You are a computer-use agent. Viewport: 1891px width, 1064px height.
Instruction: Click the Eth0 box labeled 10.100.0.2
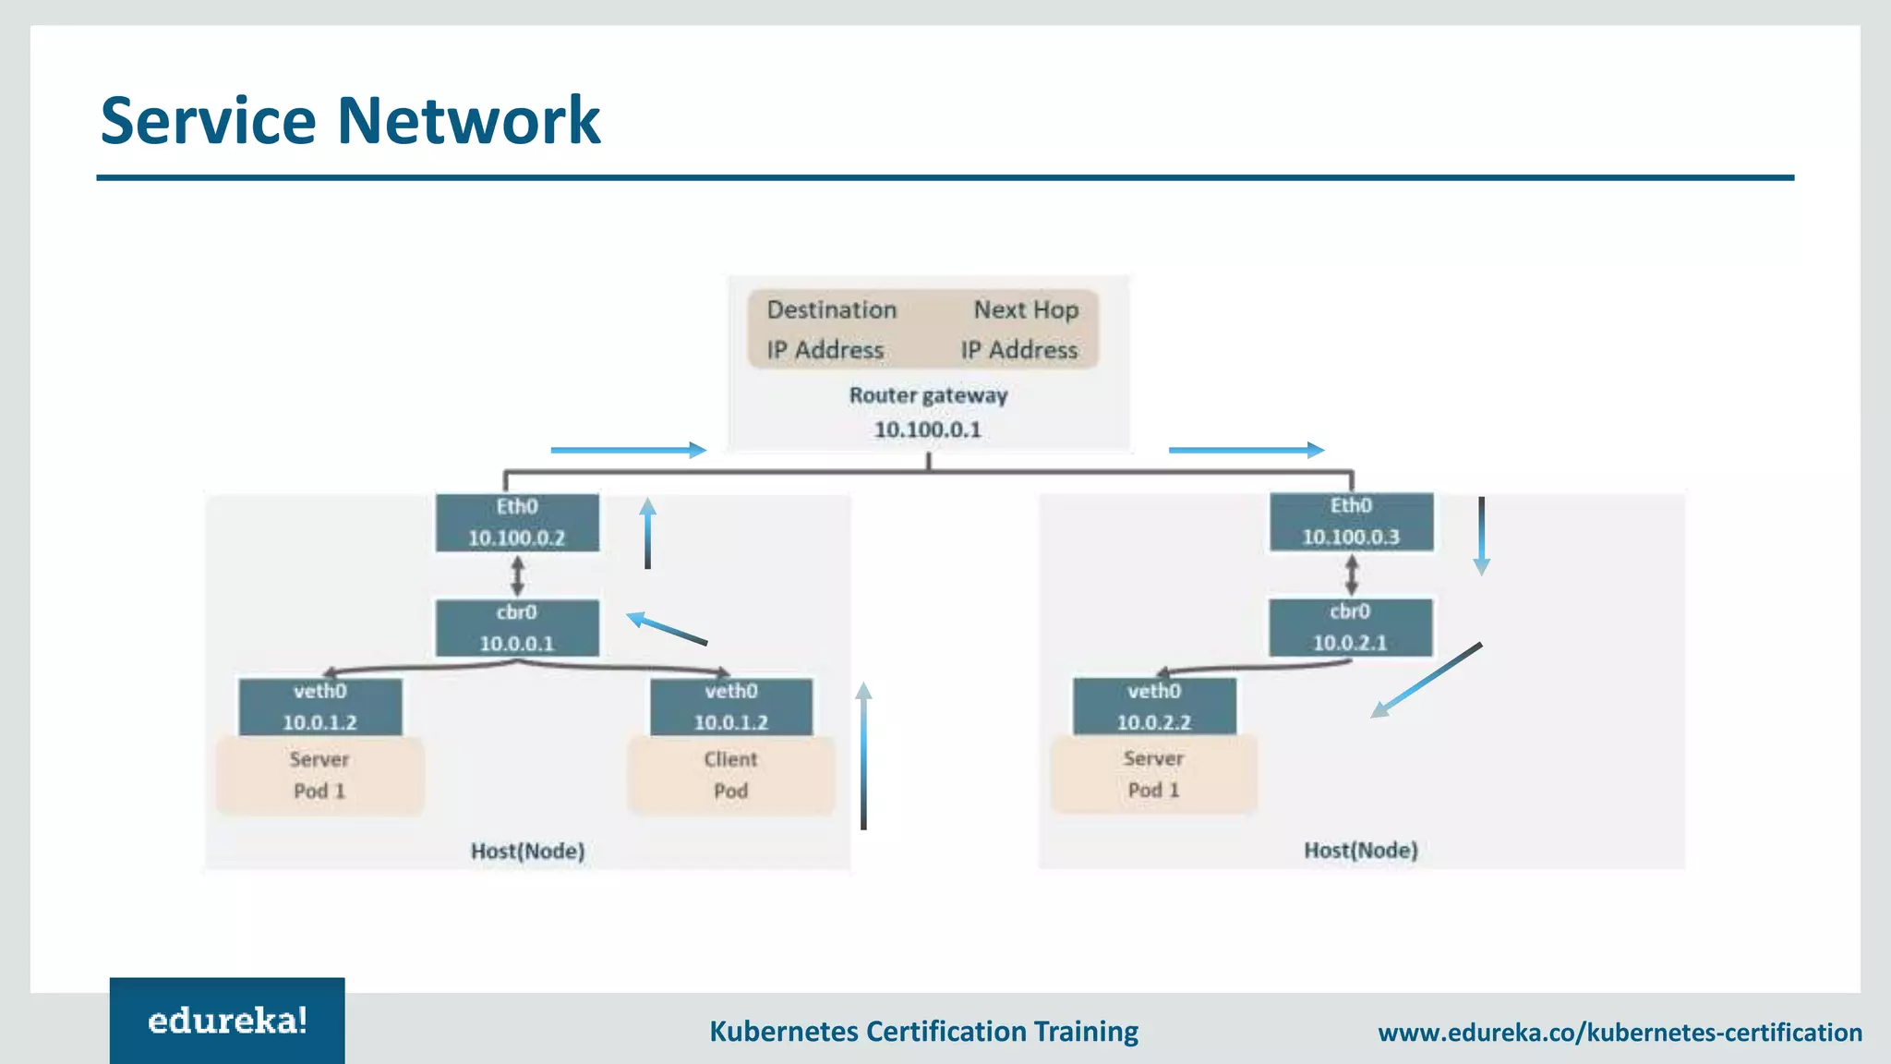pos(517,523)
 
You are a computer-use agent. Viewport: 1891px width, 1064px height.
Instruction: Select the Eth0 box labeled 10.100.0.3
pos(1351,522)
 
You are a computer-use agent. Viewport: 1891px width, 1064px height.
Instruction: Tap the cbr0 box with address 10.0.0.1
pos(517,628)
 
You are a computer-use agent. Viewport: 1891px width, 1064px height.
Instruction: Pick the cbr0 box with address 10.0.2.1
pos(1350,627)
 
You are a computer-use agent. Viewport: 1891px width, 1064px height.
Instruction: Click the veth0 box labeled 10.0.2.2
pos(1153,707)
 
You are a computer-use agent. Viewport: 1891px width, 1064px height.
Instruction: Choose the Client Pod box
pos(730,775)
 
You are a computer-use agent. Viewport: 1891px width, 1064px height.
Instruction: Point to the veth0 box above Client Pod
pos(730,707)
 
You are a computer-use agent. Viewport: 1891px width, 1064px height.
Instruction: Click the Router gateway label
pos(928,395)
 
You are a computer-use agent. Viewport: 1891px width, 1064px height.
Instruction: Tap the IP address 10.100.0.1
pos(927,429)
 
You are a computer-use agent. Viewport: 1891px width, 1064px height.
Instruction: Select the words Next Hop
pos(1026,309)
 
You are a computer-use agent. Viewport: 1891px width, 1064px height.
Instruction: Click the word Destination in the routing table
pos(831,309)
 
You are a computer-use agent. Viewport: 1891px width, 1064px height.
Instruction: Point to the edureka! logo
pos(227,1021)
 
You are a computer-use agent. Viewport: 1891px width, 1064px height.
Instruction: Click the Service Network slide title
pos(350,120)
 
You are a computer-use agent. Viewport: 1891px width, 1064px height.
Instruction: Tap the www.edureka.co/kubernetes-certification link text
pos(1620,1032)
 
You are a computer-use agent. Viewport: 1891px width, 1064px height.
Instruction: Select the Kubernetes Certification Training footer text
pos(923,1031)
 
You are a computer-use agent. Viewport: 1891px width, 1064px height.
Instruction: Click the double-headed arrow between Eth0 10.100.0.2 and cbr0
pos(518,575)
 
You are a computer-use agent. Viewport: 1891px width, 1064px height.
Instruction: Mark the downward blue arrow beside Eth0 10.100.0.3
pos(1481,536)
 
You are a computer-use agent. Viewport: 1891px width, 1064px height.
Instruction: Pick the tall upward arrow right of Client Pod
pos(863,756)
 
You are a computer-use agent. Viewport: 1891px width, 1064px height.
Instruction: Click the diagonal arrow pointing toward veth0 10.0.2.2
pos(1427,680)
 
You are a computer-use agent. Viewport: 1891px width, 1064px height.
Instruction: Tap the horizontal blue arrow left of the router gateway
pos(628,450)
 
